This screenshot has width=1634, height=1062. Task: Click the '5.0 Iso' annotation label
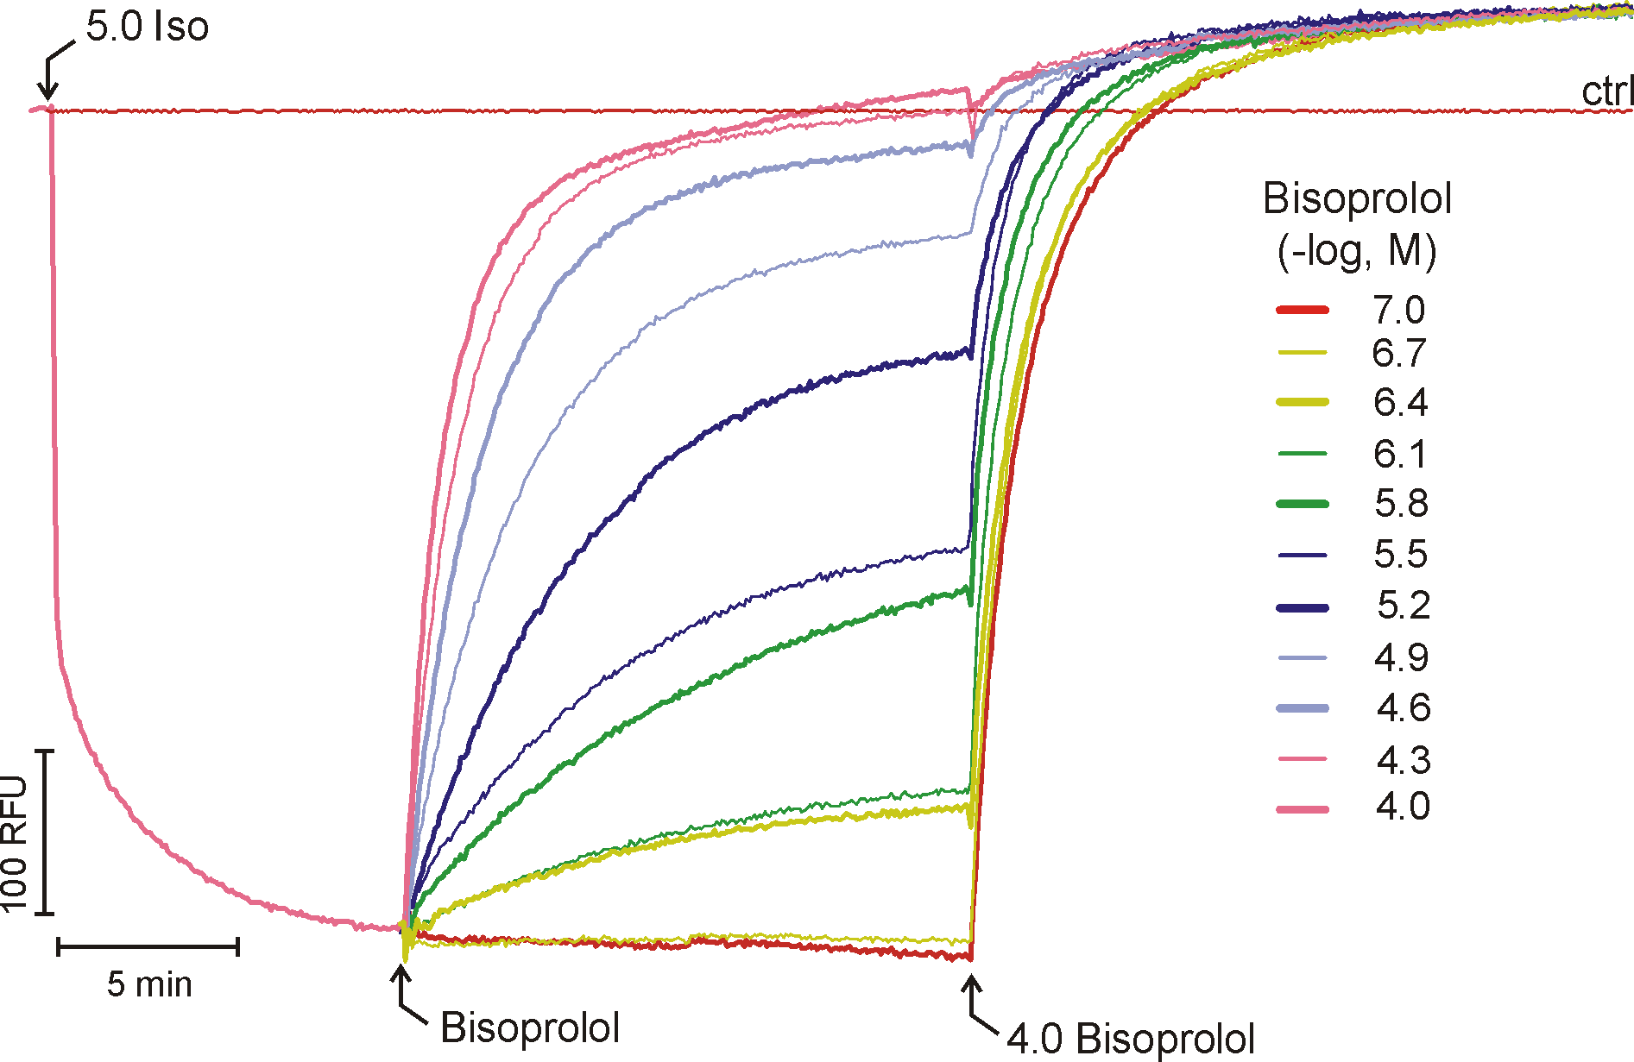[x=148, y=28]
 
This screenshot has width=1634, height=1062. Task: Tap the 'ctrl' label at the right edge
[x=1607, y=91]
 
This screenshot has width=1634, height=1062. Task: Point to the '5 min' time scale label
[x=149, y=984]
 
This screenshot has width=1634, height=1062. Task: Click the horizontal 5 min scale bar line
[x=148, y=947]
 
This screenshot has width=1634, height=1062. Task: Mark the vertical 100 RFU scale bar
[x=47, y=832]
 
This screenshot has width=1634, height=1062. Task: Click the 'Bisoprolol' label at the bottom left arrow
[x=530, y=1027]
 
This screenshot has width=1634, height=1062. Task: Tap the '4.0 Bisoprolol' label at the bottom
[x=1131, y=1039]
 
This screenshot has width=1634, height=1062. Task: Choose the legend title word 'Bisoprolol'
[x=1357, y=199]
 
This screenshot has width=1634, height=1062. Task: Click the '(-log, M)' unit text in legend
[x=1357, y=251]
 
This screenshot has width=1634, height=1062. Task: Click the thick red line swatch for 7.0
[x=1303, y=310]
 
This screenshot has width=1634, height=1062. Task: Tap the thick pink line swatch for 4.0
[x=1303, y=809]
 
